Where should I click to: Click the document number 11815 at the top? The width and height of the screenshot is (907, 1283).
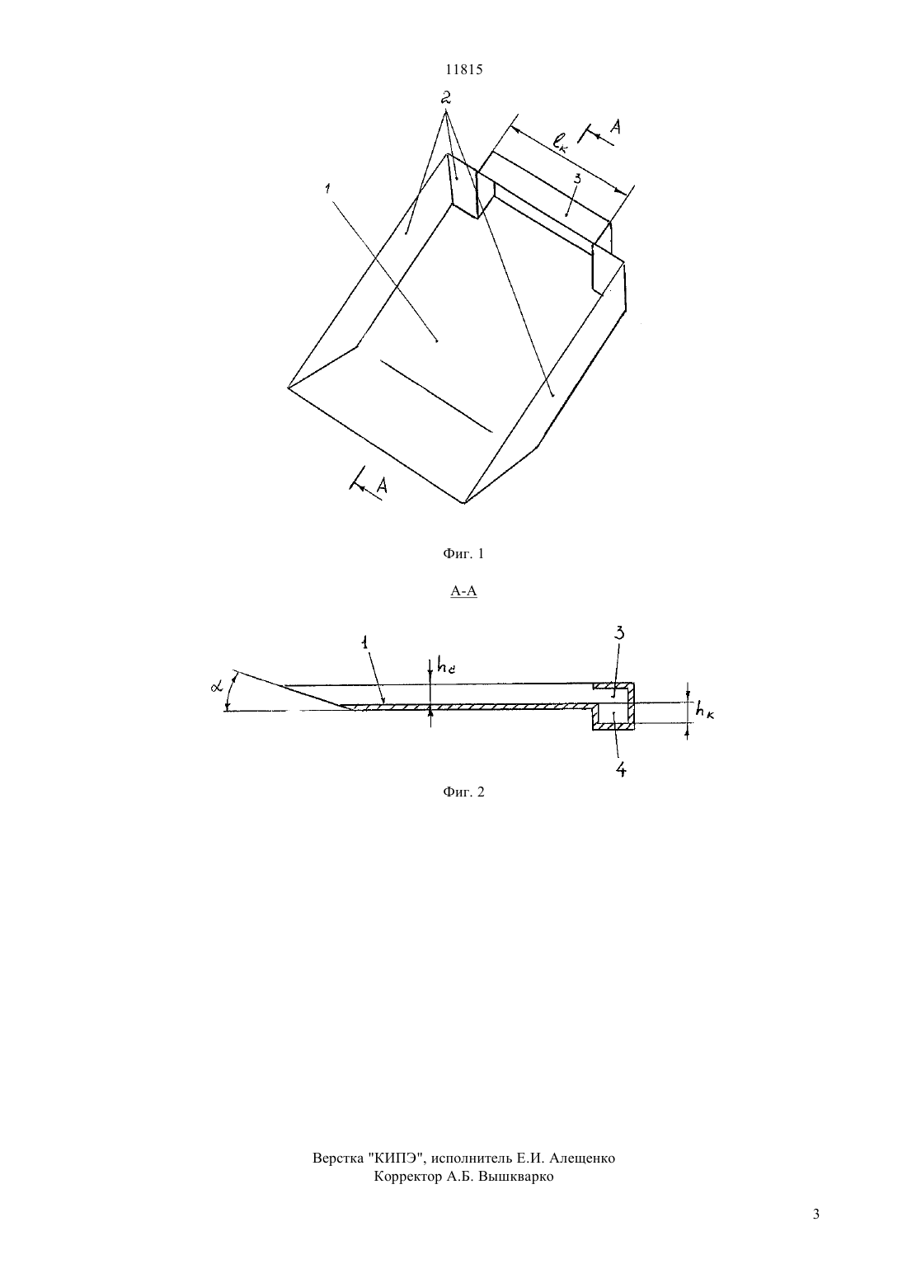[x=463, y=69]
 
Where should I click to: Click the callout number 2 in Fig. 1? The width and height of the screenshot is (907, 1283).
[x=446, y=97]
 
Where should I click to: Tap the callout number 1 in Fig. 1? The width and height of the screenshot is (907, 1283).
[x=327, y=188]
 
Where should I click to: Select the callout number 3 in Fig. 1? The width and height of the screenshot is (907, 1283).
[x=577, y=179]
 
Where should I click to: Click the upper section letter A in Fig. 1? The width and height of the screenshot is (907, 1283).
[x=615, y=127]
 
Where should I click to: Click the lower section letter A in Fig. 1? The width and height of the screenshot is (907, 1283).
[x=382, y=486]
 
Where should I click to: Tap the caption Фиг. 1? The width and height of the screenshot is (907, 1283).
[x=463, y=554]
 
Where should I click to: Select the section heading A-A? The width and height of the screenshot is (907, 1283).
[x=463, y=591]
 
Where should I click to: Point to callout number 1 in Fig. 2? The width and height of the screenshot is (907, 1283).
[x=364, y=642]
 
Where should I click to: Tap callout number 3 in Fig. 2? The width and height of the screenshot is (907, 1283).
[x=619, y=633]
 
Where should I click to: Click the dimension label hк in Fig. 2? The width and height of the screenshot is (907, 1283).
[x=704, y=711]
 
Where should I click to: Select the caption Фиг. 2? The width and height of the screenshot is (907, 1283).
[x=463, y=792]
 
